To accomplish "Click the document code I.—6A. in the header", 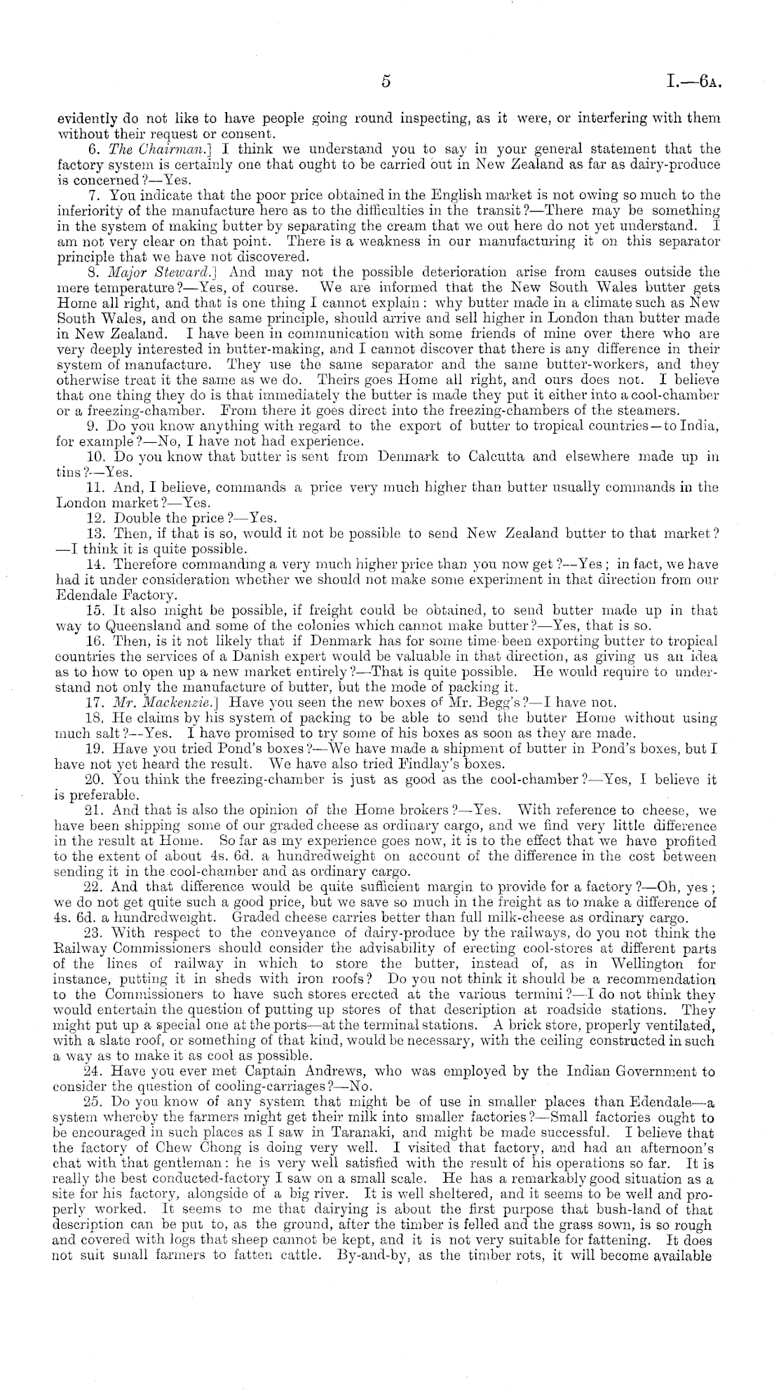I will point(695,83).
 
